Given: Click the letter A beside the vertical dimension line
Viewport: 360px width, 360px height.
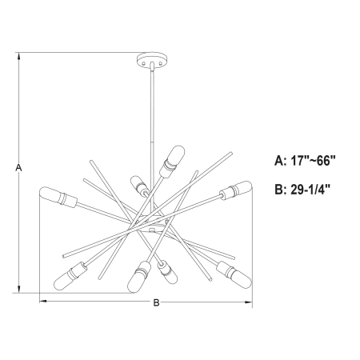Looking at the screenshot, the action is coord(18,168).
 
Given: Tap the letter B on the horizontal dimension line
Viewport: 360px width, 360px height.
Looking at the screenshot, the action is coord(156,302).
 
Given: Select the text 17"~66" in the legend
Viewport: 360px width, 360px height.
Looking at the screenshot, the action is coord(313,161).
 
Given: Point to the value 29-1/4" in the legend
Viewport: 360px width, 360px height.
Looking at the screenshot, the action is coord(310,190).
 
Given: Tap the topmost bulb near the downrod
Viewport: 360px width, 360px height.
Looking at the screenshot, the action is coord(172,162).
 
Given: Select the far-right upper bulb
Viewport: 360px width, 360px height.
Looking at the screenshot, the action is coord(235,190).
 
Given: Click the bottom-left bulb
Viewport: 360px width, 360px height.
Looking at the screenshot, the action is coord(70,276).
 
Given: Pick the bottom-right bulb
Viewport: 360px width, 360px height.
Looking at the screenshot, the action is coord(234,274).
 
